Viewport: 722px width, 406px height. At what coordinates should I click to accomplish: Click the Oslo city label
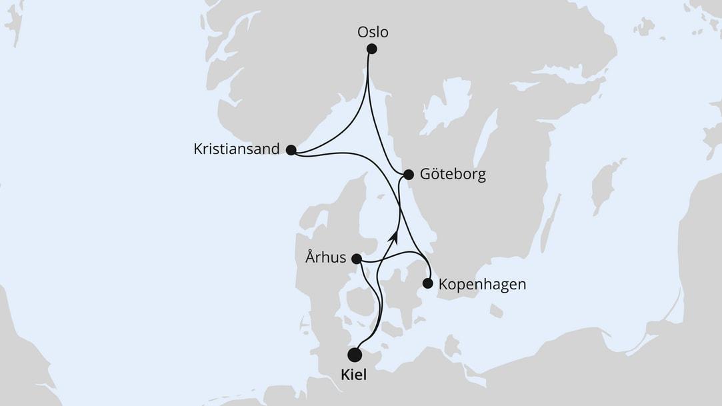point(373,32)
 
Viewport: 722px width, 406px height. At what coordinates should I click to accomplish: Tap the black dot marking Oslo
point(372,49)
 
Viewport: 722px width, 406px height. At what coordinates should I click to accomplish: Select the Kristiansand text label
point(237,149)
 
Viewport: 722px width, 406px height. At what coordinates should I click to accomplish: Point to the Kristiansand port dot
point(291,150)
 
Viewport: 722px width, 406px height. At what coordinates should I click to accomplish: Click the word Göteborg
point(453,175)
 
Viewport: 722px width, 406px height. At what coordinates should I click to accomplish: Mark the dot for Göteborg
point(409,175)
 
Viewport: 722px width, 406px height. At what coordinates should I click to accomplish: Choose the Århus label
point(326,258)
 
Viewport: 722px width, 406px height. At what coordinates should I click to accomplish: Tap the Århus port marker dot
point(357,259)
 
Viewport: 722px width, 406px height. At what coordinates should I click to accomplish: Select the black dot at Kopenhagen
point(428,284)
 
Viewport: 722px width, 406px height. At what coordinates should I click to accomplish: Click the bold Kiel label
point(353,376)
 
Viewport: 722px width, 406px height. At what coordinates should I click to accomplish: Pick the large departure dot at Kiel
point(355,355)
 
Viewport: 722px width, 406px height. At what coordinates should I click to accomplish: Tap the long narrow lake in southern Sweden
point(485,136)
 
